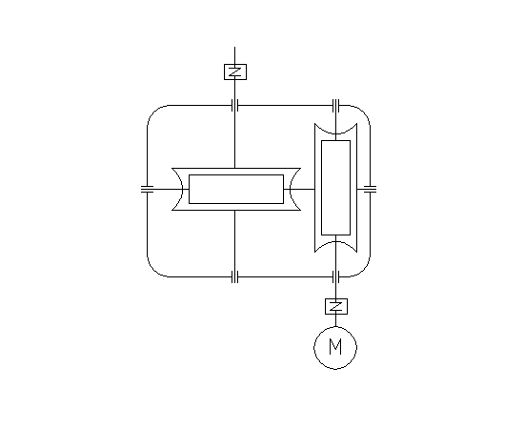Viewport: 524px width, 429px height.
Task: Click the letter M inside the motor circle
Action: point(335,346)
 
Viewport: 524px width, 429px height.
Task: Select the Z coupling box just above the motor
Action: point(336,306)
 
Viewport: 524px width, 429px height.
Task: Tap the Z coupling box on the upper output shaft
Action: point(235,71)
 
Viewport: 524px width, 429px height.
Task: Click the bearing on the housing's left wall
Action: point(147,190)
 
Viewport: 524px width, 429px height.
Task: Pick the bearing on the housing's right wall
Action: point(370,190)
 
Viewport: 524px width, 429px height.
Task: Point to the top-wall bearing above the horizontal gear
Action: point(235,105)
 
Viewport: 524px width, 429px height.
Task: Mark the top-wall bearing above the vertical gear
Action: point(336,105)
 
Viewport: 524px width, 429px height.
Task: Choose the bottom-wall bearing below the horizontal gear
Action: point(235,276)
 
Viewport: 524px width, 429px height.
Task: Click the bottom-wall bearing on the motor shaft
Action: point(336,276)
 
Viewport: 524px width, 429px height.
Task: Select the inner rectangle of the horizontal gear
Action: point(236,189)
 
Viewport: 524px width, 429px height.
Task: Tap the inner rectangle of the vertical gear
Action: point(336,188)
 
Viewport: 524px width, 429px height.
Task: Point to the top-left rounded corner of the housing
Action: point(153,112)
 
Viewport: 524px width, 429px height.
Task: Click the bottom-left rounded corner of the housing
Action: point(153,271)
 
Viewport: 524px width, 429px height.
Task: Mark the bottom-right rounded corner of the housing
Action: point(364,271)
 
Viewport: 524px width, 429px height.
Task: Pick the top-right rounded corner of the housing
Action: point(364,112)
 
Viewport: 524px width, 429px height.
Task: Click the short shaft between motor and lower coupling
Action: point(336,320)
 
